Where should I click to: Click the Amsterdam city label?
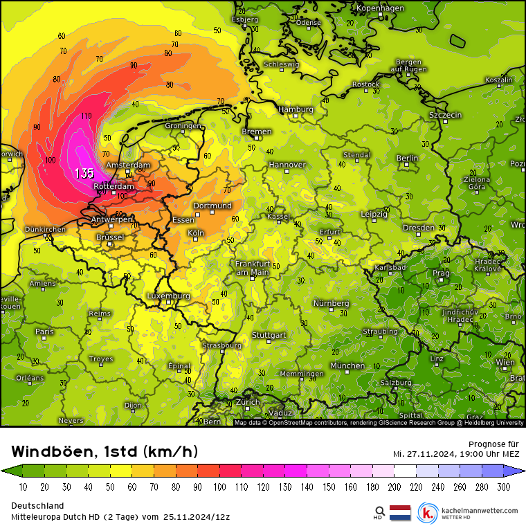tap(128, 165)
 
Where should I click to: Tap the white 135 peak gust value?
tap(84, 173)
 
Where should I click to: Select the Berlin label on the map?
tap(407, 158)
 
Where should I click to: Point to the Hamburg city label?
tap(296, 109)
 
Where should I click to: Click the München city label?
tap(347, 365)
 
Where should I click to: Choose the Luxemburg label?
tap(168, 296)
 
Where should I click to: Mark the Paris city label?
tap(44, 332)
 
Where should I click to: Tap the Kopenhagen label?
tap(380, 8)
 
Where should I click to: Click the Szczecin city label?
tap(445, 115)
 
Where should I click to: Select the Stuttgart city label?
tap(269, 335)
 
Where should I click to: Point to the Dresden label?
tap(418, 228)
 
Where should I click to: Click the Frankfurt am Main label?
tap(252, 268)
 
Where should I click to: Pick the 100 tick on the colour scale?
tap(219, 487)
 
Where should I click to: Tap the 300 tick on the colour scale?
tap(503, 487)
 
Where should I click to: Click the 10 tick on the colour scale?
tap(23, 487)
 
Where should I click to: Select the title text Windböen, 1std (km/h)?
tap(105, 452)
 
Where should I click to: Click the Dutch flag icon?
tap(401, 513)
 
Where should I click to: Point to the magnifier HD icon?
tap(379, 512)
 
